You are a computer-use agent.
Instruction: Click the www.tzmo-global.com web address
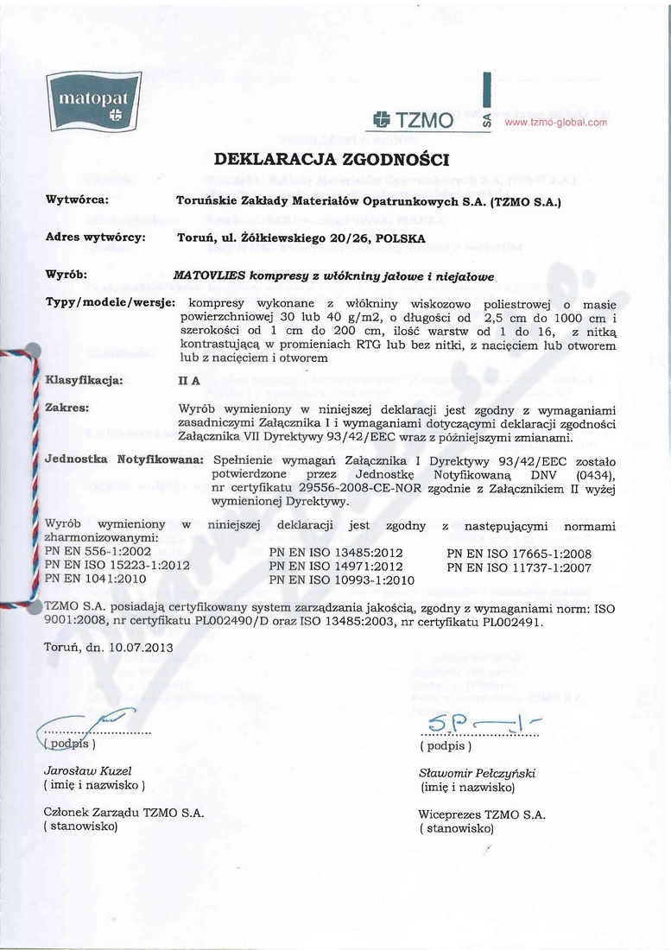click(x=555, y=122)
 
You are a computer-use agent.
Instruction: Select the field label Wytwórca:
click(x=76, y=199)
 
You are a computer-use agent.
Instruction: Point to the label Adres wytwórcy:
click(x=94, y=236)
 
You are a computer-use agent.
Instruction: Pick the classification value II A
click(x=190, y=378)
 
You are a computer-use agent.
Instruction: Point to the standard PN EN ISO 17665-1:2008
click(x=518, y=551)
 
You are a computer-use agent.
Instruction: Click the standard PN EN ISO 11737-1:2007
click(x=518, y=566)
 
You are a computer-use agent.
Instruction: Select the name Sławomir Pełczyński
click(x=477, y=773)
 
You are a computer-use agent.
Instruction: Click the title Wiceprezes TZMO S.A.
click(x=481, y=814)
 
